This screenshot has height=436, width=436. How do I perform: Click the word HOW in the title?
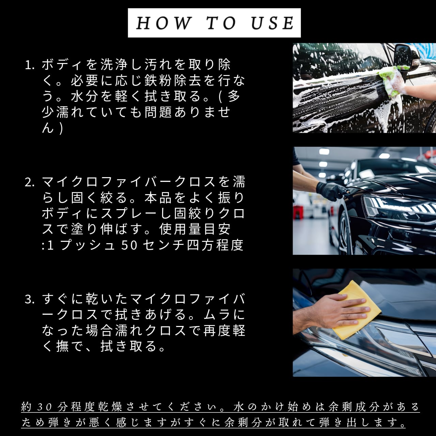[163, 23]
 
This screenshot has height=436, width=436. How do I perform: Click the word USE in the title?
[272, 23]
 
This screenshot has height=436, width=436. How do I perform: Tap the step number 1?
[29, 65]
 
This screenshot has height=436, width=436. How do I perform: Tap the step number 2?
[29, 182]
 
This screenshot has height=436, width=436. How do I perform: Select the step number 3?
[29, 299]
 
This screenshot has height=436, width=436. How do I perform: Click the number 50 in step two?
[129, 245]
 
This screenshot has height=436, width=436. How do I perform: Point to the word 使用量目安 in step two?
[195, 230]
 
